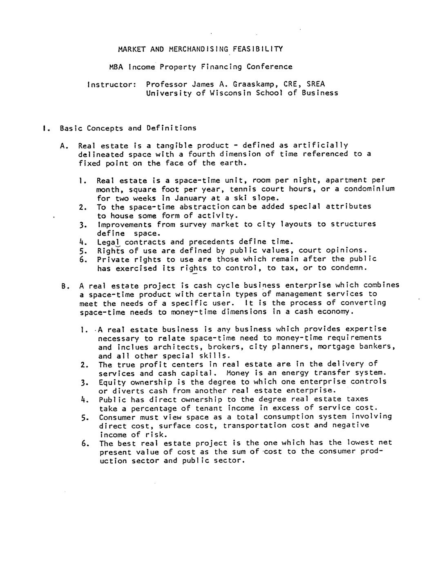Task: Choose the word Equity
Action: pos(112,383)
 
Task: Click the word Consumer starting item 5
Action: pos(117,417)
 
